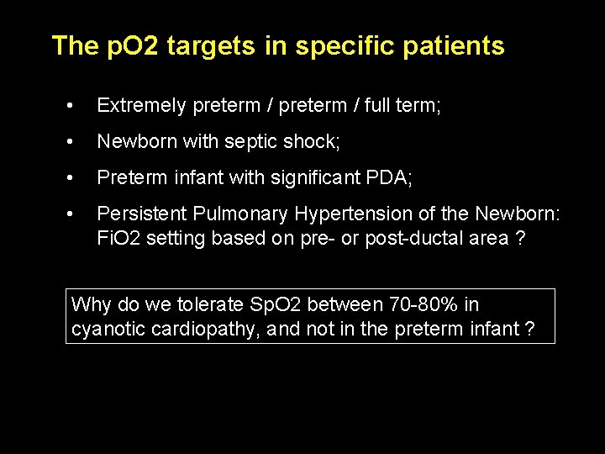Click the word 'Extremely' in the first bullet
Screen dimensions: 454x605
[x=142, y=106]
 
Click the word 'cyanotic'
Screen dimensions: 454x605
[x=108, y=329]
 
